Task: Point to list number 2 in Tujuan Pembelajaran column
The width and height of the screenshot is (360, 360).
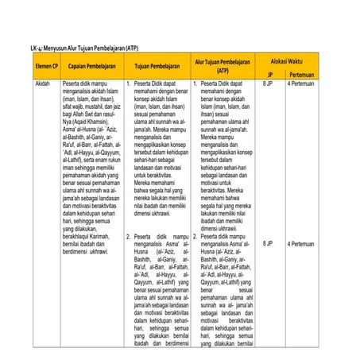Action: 129,236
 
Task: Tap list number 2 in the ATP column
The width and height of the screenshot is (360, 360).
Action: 196,236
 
